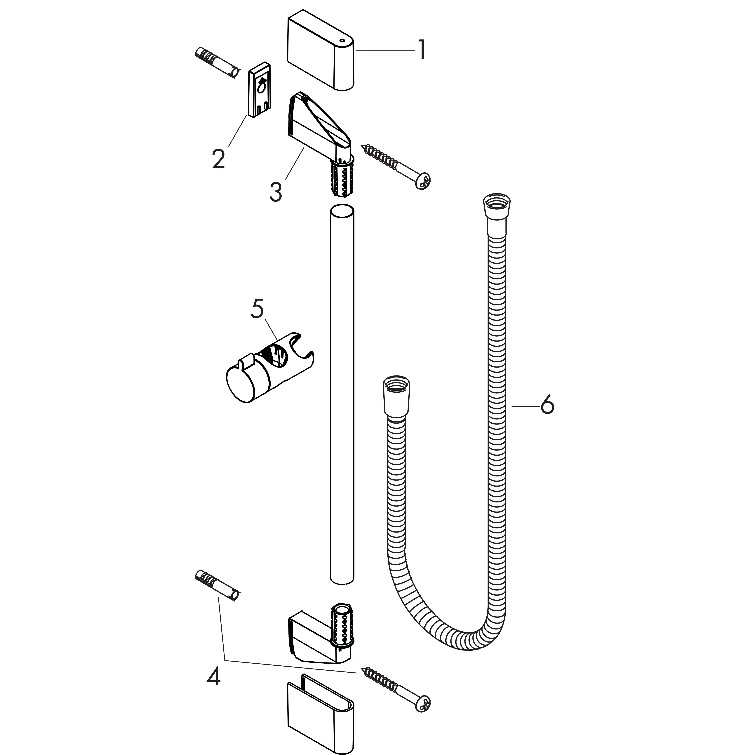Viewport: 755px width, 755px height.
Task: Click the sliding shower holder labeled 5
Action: pyautogui.click(x=270, y=367)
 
